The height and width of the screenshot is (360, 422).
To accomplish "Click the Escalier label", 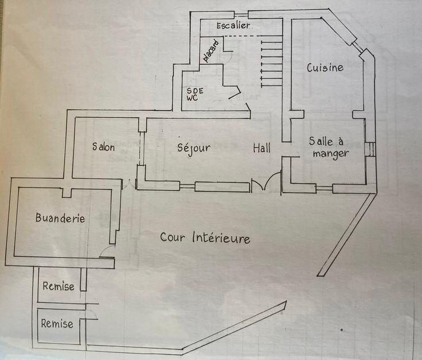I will [234, 26].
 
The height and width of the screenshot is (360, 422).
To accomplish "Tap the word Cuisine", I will [325, 68].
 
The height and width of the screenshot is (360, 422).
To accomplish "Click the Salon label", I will [104, 147].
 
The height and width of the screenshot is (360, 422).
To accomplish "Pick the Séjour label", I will [193, 147].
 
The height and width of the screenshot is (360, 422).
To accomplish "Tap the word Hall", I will [262, 148].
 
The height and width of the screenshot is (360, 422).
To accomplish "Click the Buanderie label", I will [60, 218].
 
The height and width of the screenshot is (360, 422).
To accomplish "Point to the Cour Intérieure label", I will [205, 237].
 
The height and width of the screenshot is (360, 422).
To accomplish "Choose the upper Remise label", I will [58, 286].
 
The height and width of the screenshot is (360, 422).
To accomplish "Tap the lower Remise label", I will [57, 324].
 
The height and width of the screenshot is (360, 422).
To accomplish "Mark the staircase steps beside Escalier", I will [271, 61].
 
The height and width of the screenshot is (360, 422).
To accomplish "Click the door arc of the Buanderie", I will [107, 252].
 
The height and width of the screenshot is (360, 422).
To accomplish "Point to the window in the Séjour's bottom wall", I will [187, 186].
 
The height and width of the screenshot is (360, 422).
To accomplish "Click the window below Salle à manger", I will [324, 187].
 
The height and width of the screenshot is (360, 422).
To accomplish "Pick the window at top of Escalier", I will [241, 14].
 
